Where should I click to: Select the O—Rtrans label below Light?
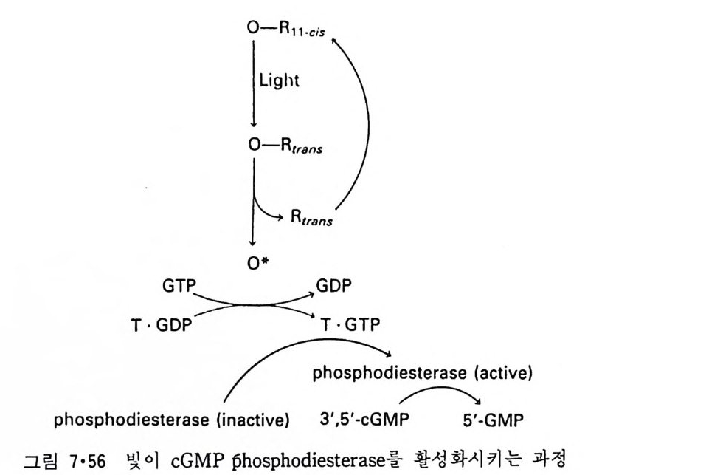tap(285, 146)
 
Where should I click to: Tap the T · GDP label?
tap(159, 325)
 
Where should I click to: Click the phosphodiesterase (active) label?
tap(422, 373)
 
